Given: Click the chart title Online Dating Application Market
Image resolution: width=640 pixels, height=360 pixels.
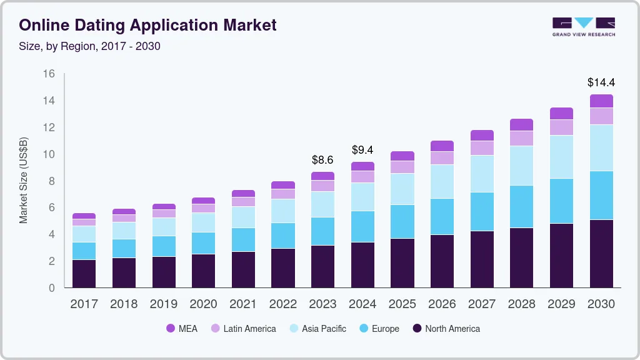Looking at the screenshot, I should click(147, 26).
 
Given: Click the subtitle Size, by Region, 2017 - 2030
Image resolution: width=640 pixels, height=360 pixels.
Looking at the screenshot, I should click(90, 46).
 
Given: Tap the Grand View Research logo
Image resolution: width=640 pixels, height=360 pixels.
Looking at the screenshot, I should click(583, 27).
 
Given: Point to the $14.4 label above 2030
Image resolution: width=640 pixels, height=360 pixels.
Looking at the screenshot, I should click(601, 82).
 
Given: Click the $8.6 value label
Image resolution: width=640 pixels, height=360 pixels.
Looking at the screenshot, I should click(322, 160).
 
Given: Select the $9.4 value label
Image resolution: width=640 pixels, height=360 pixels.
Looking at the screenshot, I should click(362, 150).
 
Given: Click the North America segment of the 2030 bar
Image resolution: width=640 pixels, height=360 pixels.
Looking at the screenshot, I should click(601, 253).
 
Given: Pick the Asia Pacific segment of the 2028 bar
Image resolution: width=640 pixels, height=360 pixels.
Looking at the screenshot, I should click(521, 166).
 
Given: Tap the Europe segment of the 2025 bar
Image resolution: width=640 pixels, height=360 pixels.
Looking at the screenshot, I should click(402, 221).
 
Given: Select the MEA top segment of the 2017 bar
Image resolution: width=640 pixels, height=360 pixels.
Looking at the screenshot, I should click(84, 216).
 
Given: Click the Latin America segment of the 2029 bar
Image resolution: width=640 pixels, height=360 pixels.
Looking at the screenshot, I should click(561, 127).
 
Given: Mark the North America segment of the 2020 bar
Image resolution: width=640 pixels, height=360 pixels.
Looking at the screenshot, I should click(203, 271).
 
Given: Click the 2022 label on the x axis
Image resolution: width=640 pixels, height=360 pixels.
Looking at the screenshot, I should click(282, 304).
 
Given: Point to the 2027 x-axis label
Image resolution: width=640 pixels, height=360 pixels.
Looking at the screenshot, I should click(482, 304).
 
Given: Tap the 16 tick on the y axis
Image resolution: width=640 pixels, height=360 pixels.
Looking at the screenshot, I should click(49, 74).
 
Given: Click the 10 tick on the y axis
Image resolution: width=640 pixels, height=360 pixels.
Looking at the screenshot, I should click(49, 154).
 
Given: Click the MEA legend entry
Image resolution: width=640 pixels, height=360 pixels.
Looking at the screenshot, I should click(182, 329).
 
